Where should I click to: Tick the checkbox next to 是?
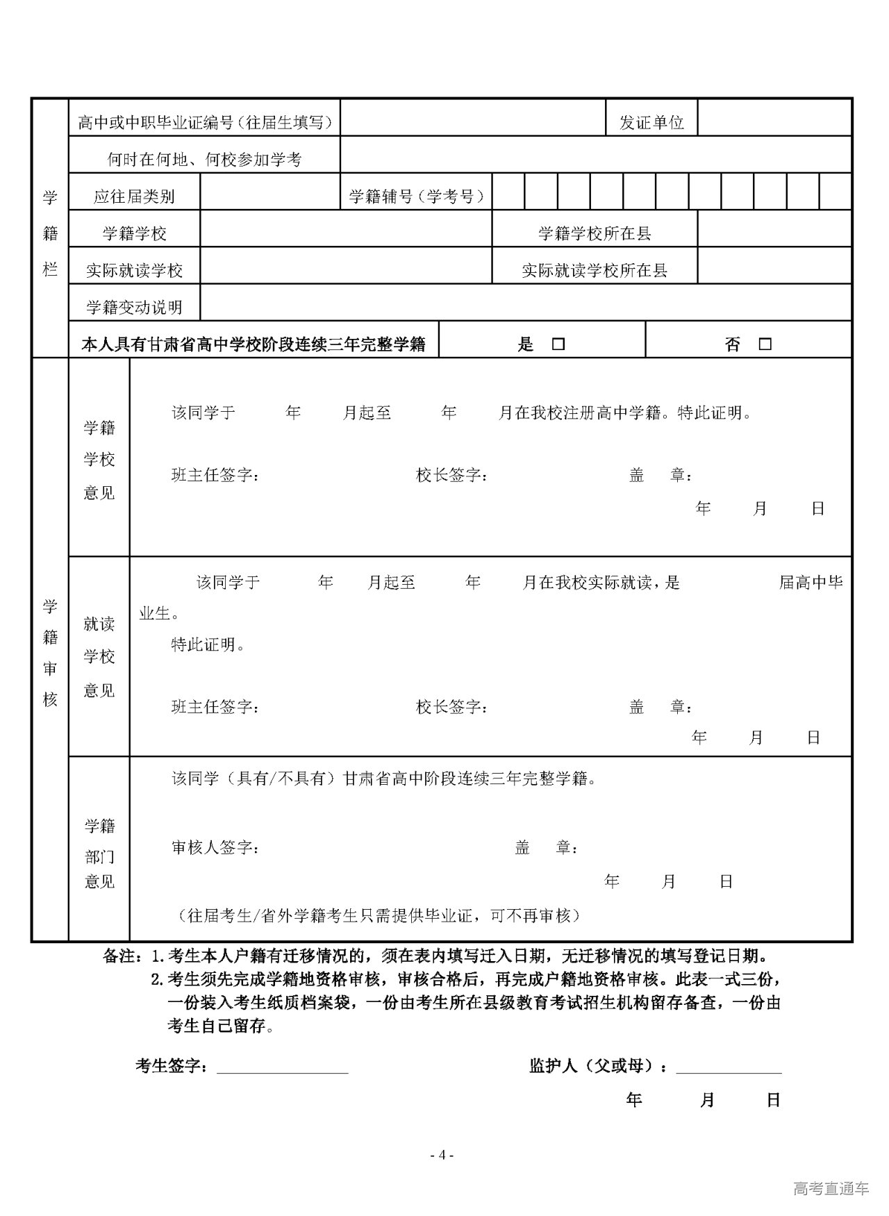pyautogui.click(x=558, y=344)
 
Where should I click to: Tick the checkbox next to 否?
pyautogui.click(x=765, y=344)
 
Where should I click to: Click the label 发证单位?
pyautogui.click(x=651, y=123)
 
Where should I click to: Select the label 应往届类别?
pyautogui.click(x=134, y=197)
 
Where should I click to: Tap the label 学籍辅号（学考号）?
pyautogui.click(x=416, y=197)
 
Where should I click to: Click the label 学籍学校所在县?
pyautogui.click(x=595, y=233)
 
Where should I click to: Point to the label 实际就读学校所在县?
pyautogui.click(x=595, y=270)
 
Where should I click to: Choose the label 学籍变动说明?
pyautogui.click(x=134, y=307)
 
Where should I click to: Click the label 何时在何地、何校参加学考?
pyautogui.click(x=204, y=160)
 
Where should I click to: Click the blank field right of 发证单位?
pyautogui.click(x=774, y=118)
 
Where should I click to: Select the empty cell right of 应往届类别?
pyautogui.click(x=269, y=192)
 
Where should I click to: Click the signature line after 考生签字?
pyautogui.click(x=282, y=1066)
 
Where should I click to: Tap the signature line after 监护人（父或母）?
pyautogui.click(x=729, y=1066)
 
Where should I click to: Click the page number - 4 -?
pyautogui.click(x=442, y=1155)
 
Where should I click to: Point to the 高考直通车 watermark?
pyautogui.click(x=831, y=1188)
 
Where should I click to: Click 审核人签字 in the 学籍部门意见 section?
pyautogui.click(x=215, y=848)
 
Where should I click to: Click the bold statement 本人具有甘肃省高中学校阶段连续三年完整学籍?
pyautogui.click(x=254, y=344)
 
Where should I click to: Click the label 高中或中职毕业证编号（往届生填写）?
pyautogui.click(x=205, y=123)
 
